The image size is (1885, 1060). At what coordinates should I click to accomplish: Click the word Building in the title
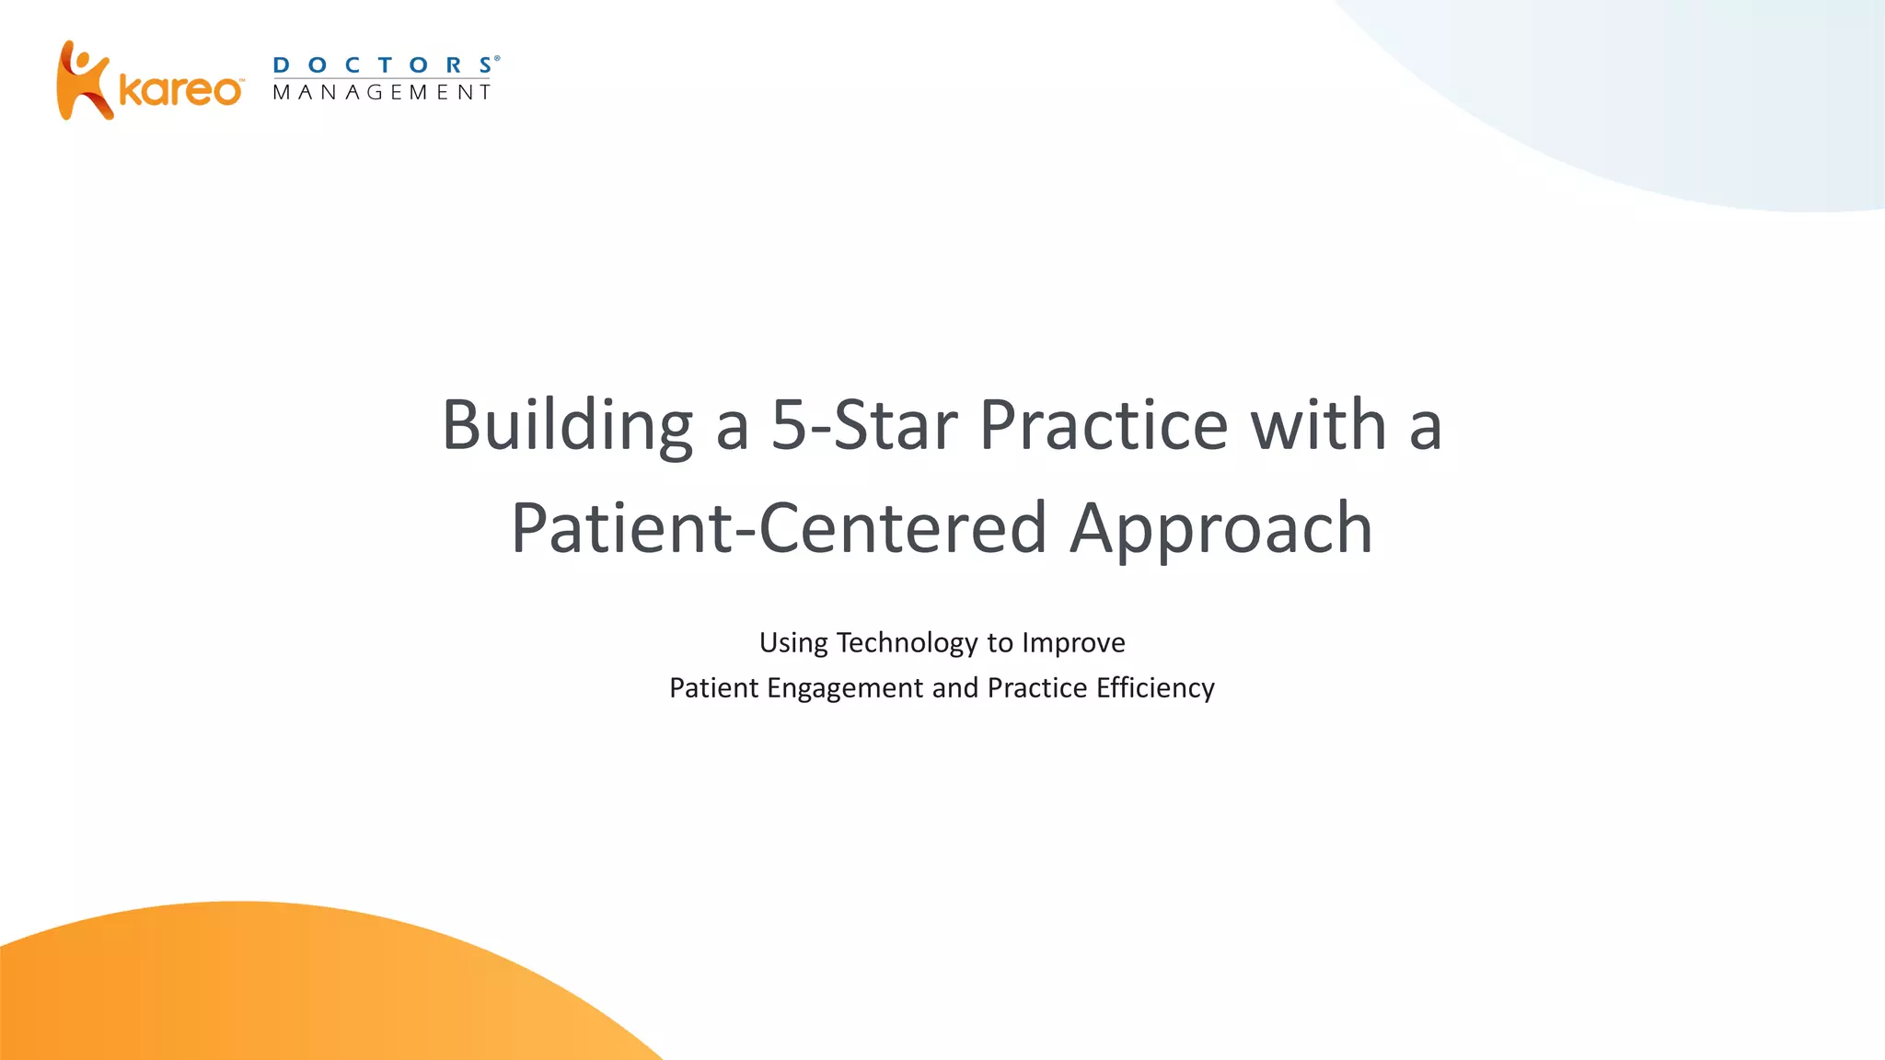pyautogui.click(x=567, y=425)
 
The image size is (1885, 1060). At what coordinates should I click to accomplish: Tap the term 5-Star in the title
pyautogui.click(x=863, y=425)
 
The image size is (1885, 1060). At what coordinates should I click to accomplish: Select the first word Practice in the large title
pyautogui.click(x=1103, y=425)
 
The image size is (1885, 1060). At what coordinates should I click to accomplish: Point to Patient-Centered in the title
pyautogui.click(x=779, y=528)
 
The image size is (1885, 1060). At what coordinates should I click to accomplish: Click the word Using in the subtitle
pyautogui.click(x=793, y=643)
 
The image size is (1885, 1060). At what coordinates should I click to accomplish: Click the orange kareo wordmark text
pyautogui.click(x=180, y=91)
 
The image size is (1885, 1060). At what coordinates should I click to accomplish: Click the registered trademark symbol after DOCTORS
pyautogui.click(x=498, y=58)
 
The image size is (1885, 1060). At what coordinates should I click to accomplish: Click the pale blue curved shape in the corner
pyautogui.click(x=1703, y=92)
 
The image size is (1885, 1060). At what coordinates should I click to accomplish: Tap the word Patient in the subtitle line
pyautogui.click(x=713, y=688)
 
